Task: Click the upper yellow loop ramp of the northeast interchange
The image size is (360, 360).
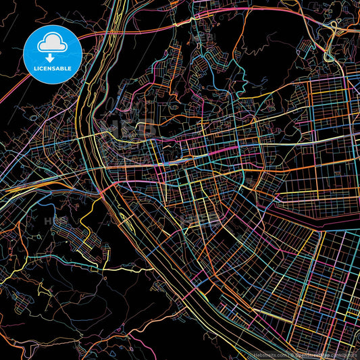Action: pos(334,27)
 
